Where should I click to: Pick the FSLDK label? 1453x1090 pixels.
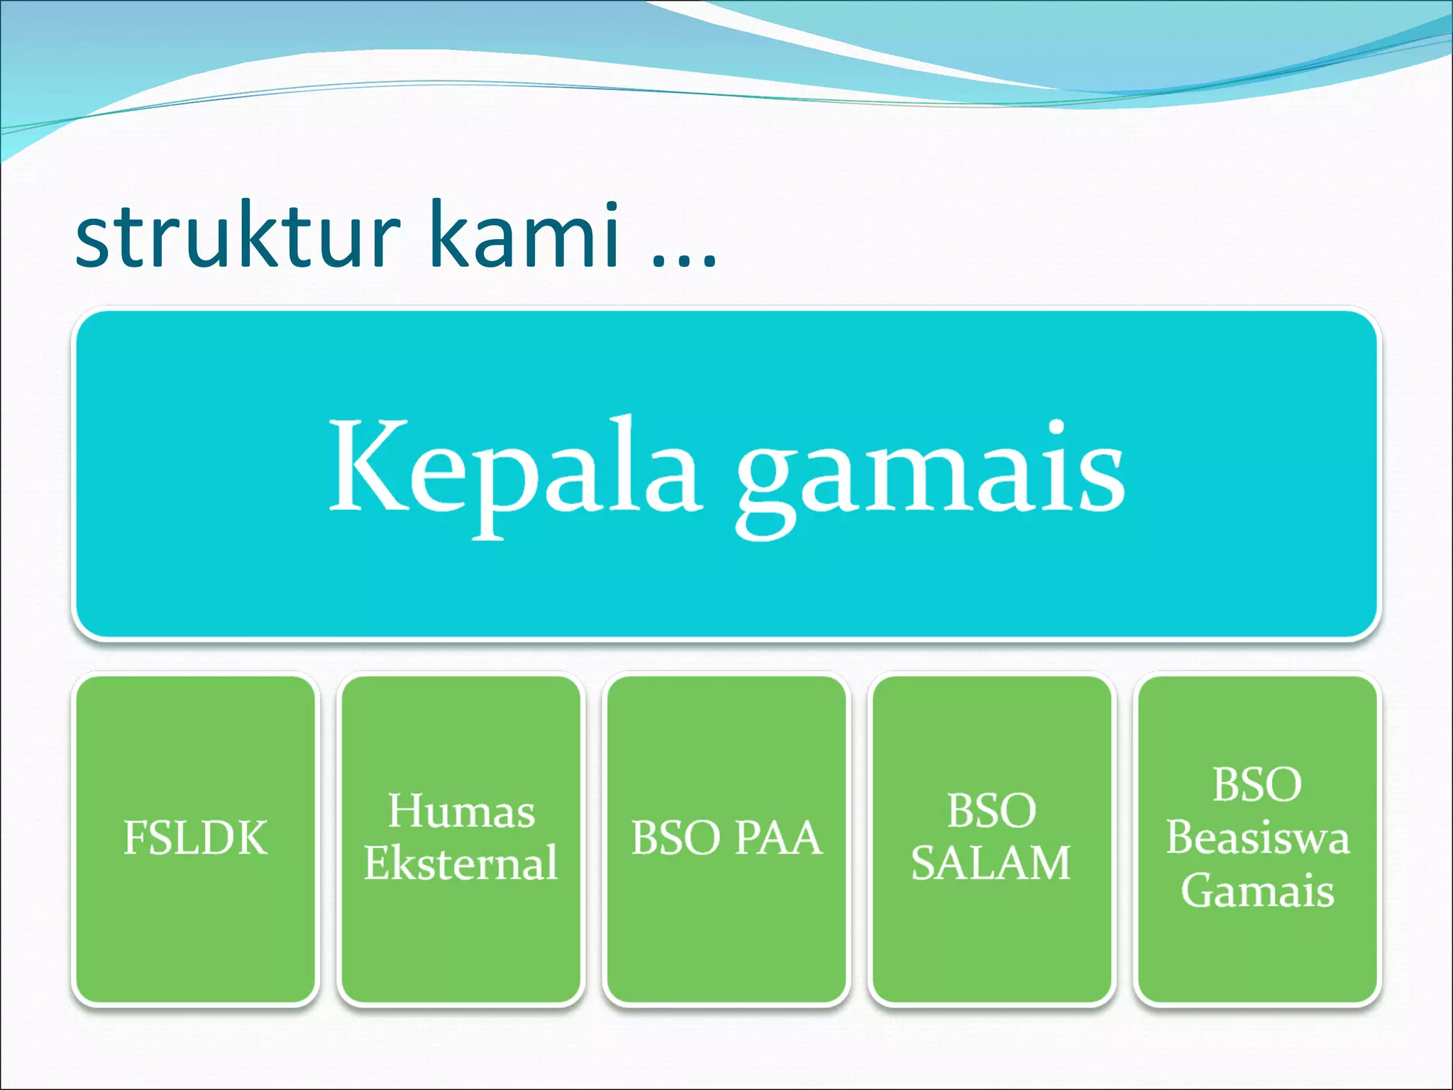(195, 838)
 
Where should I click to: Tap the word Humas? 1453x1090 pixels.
(461, 811)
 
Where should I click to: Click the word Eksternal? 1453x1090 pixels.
(461, 863)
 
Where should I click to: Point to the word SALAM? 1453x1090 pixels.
(990, 864)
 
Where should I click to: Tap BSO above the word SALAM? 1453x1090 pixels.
(991, 811)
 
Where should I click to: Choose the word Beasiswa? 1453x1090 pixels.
(1257, 838)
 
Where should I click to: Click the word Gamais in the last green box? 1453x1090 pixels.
(1257, 891)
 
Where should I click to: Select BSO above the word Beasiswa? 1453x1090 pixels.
(1257, 785)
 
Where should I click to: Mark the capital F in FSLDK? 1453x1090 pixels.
(136, 838)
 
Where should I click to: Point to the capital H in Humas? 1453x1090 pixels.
(406, 811)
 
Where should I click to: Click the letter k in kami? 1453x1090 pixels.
(448, 234)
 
